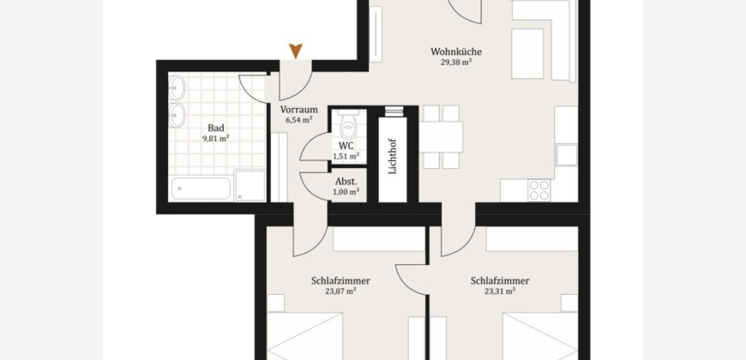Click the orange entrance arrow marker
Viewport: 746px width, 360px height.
pos(296,51)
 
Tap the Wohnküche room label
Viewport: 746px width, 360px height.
pos(456,51)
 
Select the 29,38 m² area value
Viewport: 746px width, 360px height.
pos(456,62)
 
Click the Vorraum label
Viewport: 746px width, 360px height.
pos(298,110)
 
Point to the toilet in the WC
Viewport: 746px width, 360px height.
pos(348,124)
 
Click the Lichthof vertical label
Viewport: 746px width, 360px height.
pos(393,156)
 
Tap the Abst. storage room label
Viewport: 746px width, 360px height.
pos(346,181)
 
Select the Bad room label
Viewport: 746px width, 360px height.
pos(216,128)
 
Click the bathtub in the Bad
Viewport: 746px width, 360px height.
pos(202,189)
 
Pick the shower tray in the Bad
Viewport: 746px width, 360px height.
pos(250,185)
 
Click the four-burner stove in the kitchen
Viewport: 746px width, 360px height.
pos(539,189)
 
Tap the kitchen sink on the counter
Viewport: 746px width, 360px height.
pos(567,155)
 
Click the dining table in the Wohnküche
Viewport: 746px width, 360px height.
pos(441,137)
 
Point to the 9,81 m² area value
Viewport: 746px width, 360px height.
pos(216,138)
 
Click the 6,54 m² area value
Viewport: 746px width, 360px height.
pos(298,120)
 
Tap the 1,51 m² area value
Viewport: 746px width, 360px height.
pos(346,156)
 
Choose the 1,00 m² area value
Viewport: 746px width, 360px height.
pos(346,192)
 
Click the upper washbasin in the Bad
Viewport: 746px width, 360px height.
pos(177,88)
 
